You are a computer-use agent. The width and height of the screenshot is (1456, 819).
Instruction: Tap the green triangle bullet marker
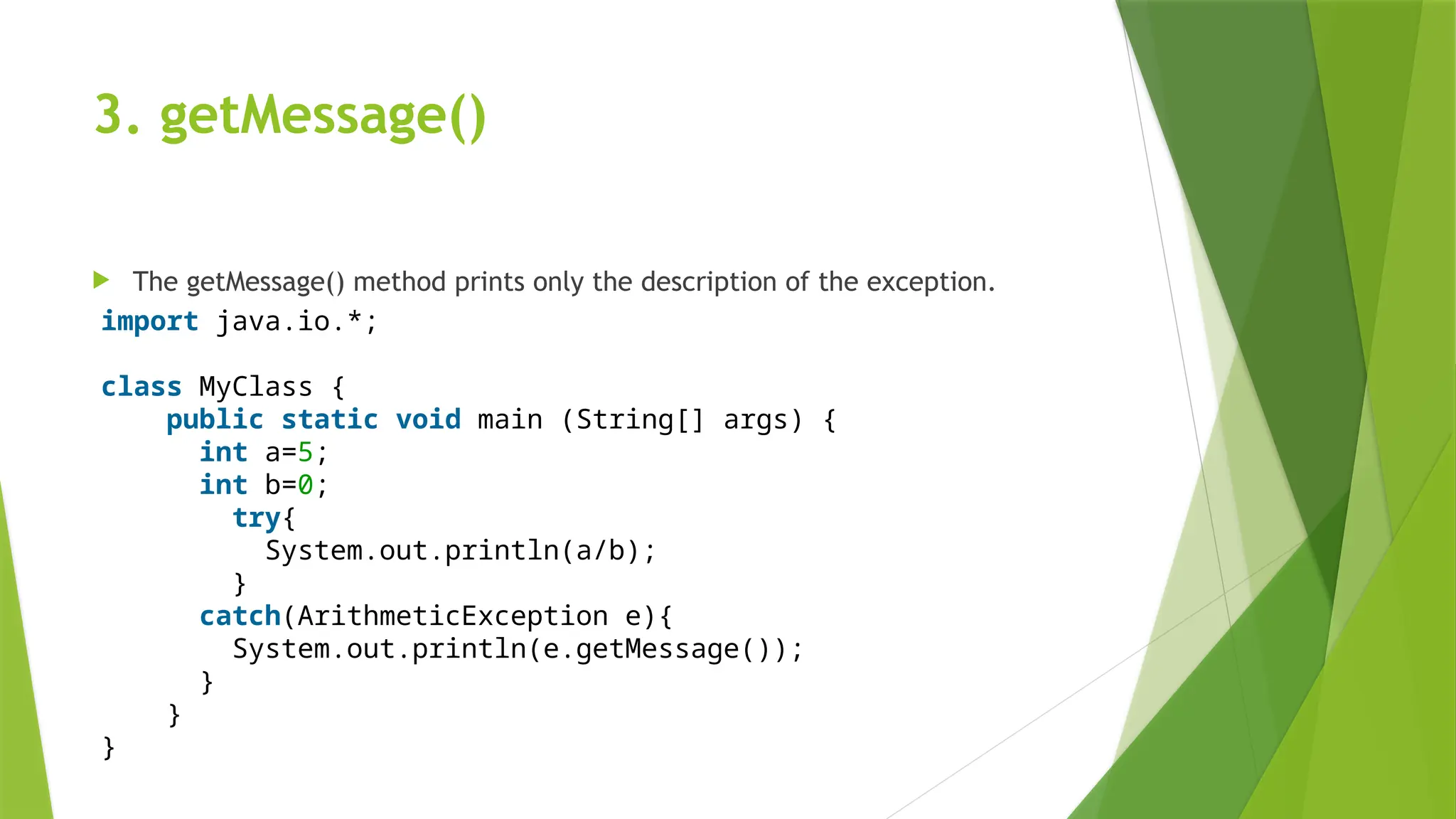pos(101,280)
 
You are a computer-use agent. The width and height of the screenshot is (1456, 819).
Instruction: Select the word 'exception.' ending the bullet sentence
pos(930,282)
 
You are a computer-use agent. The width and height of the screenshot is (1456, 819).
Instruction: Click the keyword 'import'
pos(149,321)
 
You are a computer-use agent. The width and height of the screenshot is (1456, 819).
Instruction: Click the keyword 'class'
pos(141,387)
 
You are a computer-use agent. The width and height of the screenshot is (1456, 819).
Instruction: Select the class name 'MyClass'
pos(255,387)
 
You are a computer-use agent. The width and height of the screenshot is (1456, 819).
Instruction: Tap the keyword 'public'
pos(215,419)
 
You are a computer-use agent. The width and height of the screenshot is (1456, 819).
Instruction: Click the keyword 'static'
pos(329,419)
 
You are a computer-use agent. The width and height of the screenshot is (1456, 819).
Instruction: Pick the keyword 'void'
pos(428,419)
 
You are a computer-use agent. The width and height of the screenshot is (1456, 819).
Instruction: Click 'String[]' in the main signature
pos(639,419)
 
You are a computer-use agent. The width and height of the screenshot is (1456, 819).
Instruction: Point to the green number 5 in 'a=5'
pos(305,452)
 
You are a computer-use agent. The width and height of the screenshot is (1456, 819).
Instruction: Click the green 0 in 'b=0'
pos(305,485)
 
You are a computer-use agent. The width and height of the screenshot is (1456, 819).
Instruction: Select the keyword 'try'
pos(257,518)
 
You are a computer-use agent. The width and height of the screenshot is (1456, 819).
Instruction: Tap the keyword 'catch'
pos(240,616)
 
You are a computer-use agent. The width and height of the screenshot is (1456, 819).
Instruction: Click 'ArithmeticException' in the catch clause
pos(452,616)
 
